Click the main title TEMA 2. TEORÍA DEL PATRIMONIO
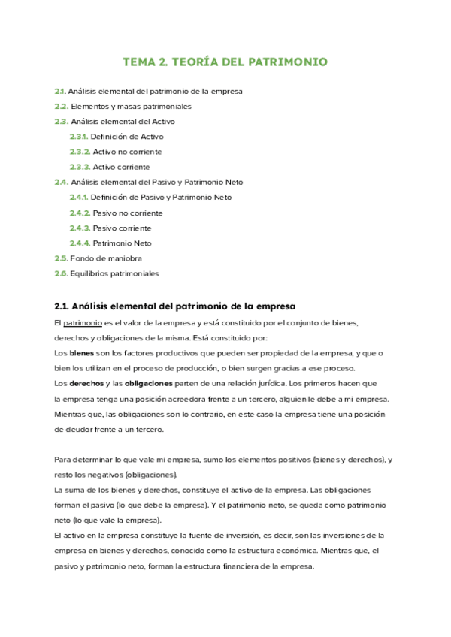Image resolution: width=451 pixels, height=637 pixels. [225, 62]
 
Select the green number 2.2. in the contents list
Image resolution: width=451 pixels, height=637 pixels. [61, 107]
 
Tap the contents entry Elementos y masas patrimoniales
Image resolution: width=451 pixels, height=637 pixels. [131, 107]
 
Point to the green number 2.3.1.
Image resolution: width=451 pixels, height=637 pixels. [78, 137]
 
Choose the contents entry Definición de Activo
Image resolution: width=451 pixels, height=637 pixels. [126, 137]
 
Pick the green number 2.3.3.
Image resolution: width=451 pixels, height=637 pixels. [80, 167]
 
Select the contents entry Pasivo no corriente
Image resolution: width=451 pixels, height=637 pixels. [127, 213]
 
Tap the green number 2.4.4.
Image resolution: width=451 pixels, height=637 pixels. [80, 243]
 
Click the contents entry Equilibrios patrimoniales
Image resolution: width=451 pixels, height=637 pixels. [114, 273]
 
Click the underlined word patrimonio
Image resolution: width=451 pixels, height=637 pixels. [83, 322]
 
